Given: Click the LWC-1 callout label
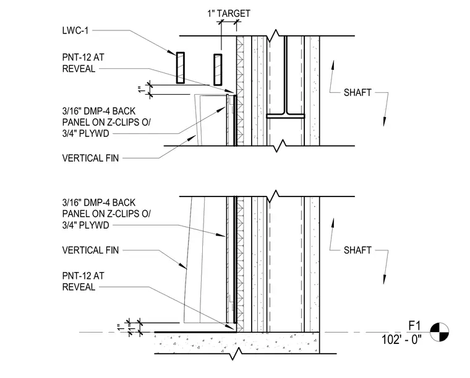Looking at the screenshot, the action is point(75,30).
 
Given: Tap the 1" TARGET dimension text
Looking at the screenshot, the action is point(229,14).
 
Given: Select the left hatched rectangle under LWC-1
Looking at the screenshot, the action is point(180,68).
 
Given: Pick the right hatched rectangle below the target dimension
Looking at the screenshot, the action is point(218,69).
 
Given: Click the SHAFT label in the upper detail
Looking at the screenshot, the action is point(357,92).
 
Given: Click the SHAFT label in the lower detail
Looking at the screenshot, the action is point(357,250).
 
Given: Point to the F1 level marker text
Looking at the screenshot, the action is point(414,325).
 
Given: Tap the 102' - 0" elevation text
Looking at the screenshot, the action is point(401,340).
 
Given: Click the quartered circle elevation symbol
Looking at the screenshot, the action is point(440,332).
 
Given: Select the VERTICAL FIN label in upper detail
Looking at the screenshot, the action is point(90,158).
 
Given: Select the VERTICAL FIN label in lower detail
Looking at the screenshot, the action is point(90,250).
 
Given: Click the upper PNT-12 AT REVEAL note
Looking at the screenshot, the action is point(83,63).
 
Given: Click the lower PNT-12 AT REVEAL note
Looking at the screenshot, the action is point(83,281).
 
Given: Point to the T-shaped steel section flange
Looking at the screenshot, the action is point(285,116).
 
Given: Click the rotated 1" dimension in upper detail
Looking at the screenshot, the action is point(142,89).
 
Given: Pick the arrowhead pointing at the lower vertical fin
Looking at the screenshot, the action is point(183,265).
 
